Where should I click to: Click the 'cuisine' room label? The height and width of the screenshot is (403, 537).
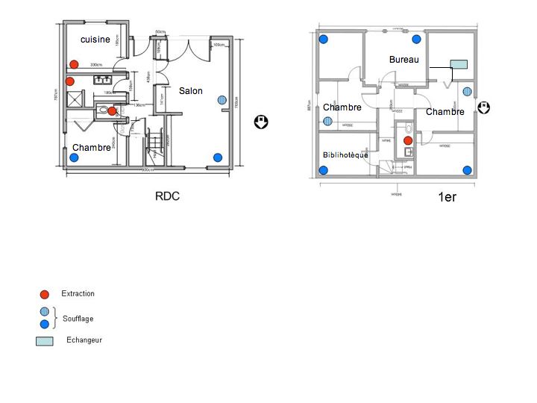click(95, 40)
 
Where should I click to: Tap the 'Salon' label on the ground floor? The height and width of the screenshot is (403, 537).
click(190, 91)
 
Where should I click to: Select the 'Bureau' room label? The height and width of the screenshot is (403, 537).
click(403, 59)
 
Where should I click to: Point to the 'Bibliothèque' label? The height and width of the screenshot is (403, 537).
click(345, 155)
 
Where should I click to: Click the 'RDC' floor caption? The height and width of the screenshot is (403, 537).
click(168, 196)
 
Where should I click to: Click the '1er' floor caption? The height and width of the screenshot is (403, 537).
click(447, 198)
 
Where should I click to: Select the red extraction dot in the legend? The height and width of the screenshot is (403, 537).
click(45, 294)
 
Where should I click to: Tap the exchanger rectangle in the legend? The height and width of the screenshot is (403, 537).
click(45, 341)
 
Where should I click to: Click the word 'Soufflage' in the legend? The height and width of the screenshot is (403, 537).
click(78, 319)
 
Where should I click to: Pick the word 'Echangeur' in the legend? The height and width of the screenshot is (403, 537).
click(84, 340)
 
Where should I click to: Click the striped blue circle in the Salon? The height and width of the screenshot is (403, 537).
click(222, 100)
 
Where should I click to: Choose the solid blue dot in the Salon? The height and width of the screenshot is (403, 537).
click(218, 157)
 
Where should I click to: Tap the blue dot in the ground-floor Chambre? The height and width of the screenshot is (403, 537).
click(74, 157)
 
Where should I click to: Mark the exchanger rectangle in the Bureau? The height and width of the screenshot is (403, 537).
click(459, 65)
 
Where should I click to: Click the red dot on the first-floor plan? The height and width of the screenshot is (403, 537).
click(408, 140)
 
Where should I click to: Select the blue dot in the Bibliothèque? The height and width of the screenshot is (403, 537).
click(324, 170)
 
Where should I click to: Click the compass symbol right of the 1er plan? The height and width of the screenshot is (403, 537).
click(483, 108)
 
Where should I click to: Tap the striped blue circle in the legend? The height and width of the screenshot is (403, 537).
click(45, 312)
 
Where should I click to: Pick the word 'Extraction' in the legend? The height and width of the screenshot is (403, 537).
click(78, 294)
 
